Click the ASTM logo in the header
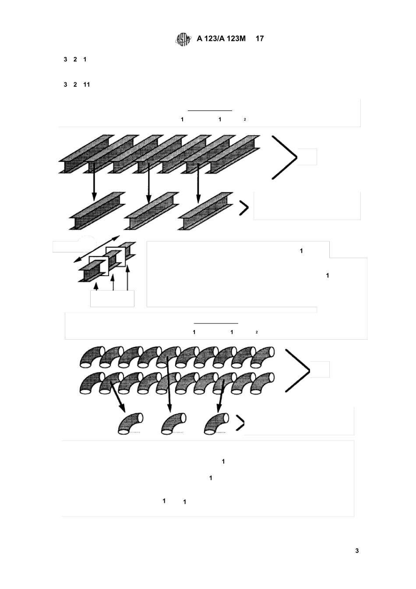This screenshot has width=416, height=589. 183,39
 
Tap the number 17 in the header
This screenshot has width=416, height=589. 260,39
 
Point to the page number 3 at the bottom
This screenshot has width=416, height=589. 357,550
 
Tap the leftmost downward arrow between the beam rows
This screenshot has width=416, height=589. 94,181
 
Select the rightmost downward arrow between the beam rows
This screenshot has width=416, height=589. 198,183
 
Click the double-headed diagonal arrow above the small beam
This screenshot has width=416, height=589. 96,249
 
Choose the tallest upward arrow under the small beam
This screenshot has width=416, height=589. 127,278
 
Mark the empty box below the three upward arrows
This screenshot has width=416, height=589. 112,298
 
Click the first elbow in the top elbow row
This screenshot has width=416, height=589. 92,357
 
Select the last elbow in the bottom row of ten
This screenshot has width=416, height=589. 262,383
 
